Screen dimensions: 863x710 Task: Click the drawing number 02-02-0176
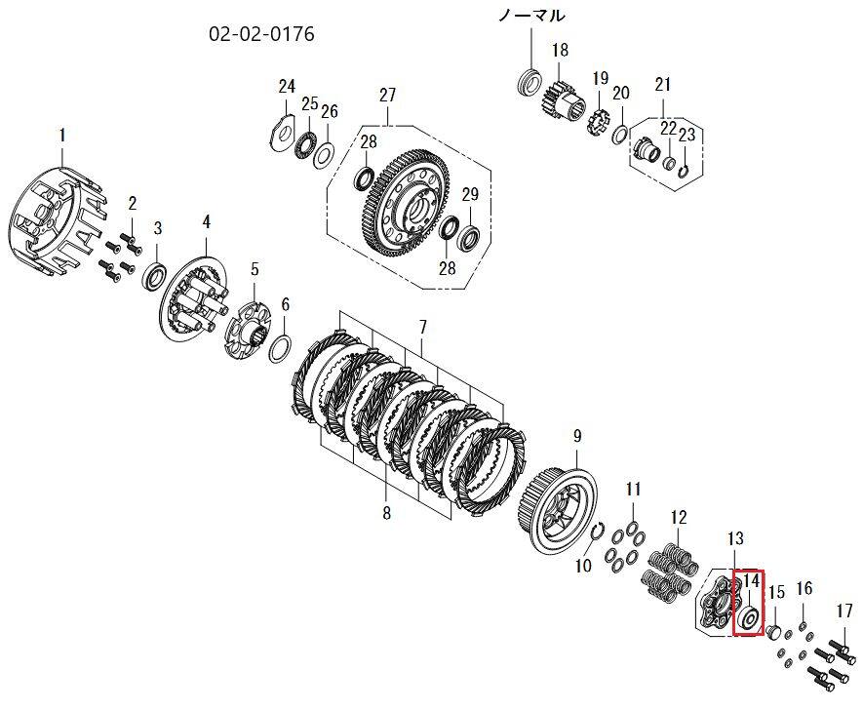261,34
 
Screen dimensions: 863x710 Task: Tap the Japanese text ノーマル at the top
531,16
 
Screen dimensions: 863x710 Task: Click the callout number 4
207,221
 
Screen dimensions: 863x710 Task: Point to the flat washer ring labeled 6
281,348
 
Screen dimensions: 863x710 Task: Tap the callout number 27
387,95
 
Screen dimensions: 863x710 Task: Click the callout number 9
577,437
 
